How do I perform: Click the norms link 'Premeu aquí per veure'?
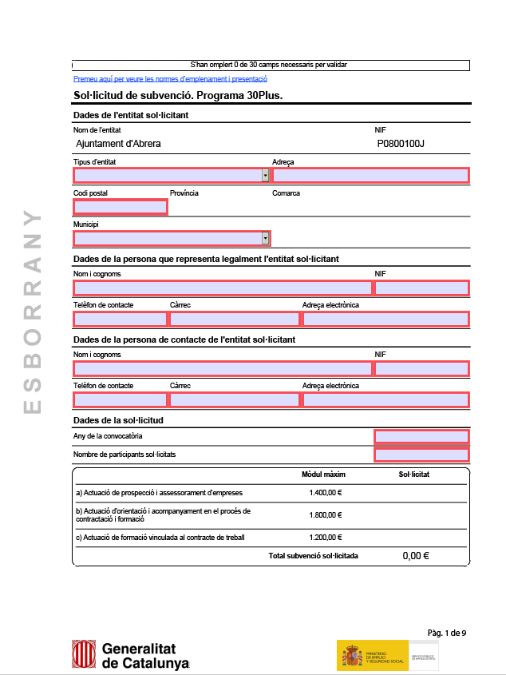point(170,79)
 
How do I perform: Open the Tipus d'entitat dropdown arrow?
point(265,176)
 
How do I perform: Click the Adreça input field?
point(370,176)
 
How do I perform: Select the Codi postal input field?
point(121,207)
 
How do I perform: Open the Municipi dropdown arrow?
point(265,238)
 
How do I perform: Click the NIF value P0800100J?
point(401,144)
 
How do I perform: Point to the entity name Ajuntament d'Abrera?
point(118,144)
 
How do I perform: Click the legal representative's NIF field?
point(421,288)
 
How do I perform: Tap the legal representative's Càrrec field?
point(235,319)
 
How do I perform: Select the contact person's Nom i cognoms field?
point(223,368)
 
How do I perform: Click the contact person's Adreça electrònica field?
point(385,399)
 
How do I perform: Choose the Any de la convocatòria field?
point(421,436)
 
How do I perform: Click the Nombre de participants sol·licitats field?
point(421,455)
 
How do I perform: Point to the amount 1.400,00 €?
point(325,493)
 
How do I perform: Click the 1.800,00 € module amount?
point(325,515)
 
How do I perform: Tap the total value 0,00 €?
point(415,555)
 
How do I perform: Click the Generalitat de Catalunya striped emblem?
point(85,654)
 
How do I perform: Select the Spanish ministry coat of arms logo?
point(352,655)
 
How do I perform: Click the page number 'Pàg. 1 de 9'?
point(447,633)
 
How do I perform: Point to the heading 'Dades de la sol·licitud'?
point(118,419)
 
